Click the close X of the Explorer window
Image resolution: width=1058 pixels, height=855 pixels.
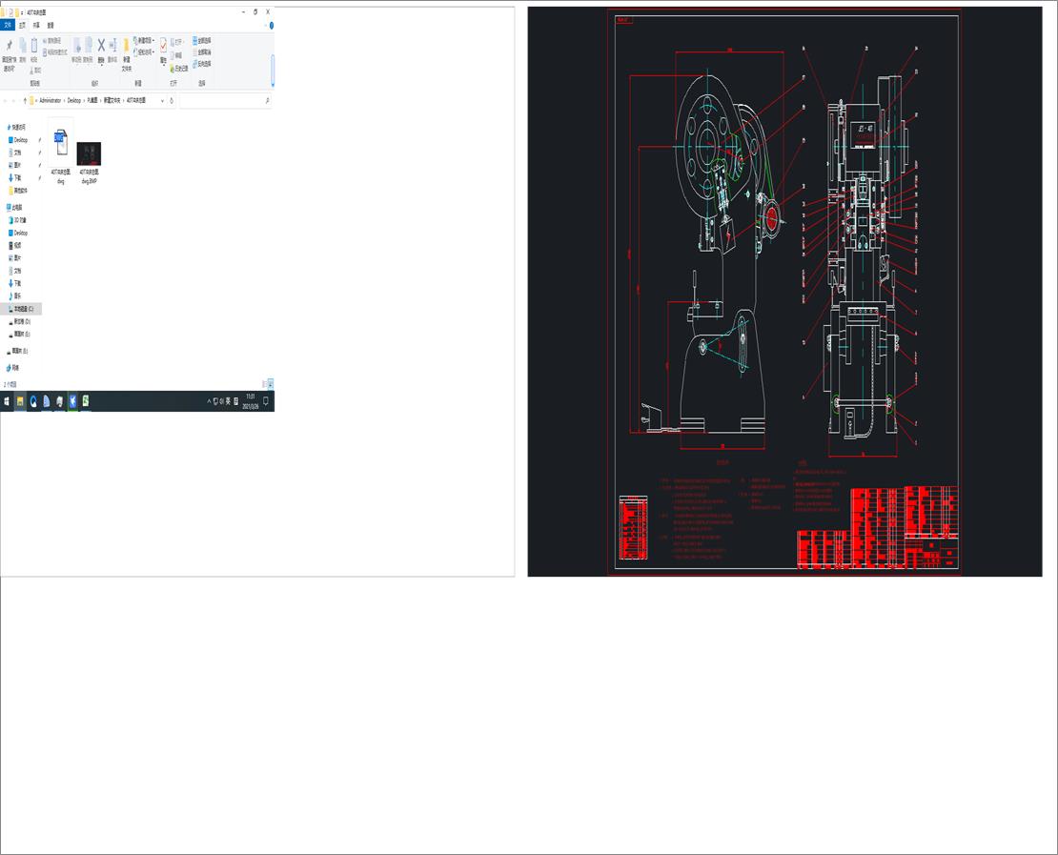tap(268, 11)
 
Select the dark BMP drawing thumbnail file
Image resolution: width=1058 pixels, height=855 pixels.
tap(89, 153)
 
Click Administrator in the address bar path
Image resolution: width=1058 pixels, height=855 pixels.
tap(51, 100)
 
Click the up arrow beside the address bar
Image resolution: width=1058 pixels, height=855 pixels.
tap(24, 100)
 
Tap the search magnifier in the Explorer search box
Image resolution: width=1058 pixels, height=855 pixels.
tap(267, 100)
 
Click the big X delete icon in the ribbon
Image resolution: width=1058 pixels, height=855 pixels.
tap(101, 45)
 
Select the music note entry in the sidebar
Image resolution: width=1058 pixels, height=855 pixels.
tap(16, 295)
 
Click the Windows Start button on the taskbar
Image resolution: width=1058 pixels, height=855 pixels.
tap(7, 401)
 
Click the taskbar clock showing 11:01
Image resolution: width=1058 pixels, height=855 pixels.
tap(250, 399)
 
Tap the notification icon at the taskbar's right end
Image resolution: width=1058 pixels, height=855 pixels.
tap(266, 401)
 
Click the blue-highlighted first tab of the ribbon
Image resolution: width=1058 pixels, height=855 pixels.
tap(8, 25)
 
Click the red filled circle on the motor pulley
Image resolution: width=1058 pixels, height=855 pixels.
tap(770, 221)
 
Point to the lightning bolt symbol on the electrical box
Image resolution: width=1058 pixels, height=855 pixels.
tap(728, 234)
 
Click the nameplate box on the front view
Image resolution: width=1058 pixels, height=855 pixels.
tap(865, 128)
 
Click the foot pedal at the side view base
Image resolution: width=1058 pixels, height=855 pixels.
tap(650, 414)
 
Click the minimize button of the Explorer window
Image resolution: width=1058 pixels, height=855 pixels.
tap(244, 11)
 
